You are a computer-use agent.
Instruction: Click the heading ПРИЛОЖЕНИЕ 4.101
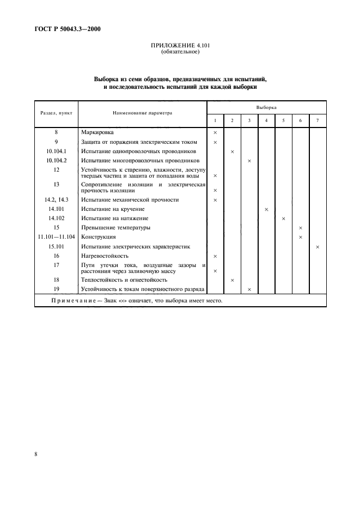180,47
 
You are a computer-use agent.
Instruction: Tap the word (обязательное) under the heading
180,53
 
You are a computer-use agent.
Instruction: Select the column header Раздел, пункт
57,114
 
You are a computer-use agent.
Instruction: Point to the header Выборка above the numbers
266,108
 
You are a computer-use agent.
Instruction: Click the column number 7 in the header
318,120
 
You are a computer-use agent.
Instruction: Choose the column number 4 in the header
266,120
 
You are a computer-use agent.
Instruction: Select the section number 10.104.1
57,151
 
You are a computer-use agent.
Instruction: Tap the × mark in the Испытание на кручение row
266,209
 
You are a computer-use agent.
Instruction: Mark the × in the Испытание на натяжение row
283,218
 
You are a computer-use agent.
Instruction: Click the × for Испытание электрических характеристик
318,247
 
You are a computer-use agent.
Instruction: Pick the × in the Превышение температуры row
301,228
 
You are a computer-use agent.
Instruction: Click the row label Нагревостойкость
105,256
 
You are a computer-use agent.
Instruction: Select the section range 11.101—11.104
57,237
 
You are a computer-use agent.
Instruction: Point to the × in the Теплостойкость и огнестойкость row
232,280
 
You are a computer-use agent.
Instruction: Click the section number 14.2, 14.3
57,200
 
